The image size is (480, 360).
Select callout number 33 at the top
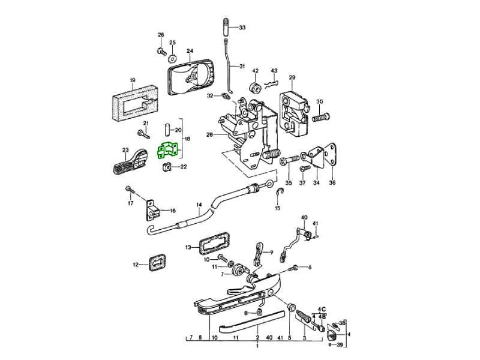click(x=242, y=28)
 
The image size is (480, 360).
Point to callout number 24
click(x=190, y=51)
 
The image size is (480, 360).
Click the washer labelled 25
click(x=172, y=58)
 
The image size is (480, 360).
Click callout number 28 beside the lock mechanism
click(x=210, y=135)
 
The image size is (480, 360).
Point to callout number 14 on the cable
click(x=199, y=206)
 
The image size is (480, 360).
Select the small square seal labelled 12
click(x=155, y=262)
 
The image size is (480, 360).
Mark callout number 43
click(x=274, y=71)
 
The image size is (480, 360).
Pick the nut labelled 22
click(x=168, y=167)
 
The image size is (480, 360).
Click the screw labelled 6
click(x=295, y=268)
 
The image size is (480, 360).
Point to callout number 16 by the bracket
click(x=172, y=211)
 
